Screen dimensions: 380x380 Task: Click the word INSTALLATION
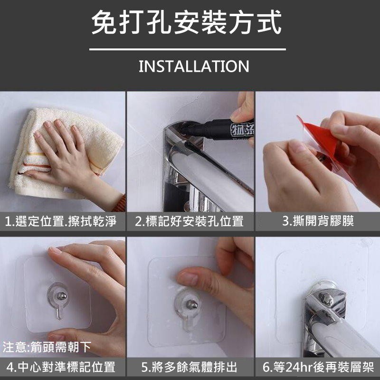click(194, 66)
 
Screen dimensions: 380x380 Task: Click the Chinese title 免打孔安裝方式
click(186, 22)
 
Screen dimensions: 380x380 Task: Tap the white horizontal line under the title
click(187, 49)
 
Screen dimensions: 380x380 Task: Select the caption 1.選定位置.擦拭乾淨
click(61, 221)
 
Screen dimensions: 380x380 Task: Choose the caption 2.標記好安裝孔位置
click(189, 221)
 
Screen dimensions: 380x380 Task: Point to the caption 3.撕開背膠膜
click(318, 221)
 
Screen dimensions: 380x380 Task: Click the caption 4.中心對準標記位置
click(61, 367)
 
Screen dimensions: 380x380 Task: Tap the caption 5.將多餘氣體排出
click(189, 367)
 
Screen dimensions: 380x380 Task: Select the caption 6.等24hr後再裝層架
click(318, 367)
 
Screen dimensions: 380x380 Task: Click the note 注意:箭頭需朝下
click(47, 347)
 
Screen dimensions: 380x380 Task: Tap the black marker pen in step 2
click(217, 130)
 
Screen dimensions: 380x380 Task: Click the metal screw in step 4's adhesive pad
click(62, 296)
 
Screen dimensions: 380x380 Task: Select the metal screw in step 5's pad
click(192, 304)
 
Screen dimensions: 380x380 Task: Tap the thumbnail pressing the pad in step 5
click(188, 278)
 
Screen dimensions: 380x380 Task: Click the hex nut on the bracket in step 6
click(325, 298)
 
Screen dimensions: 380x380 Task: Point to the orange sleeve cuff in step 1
click(120, 204)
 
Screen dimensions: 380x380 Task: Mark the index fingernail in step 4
click(55, 250)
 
